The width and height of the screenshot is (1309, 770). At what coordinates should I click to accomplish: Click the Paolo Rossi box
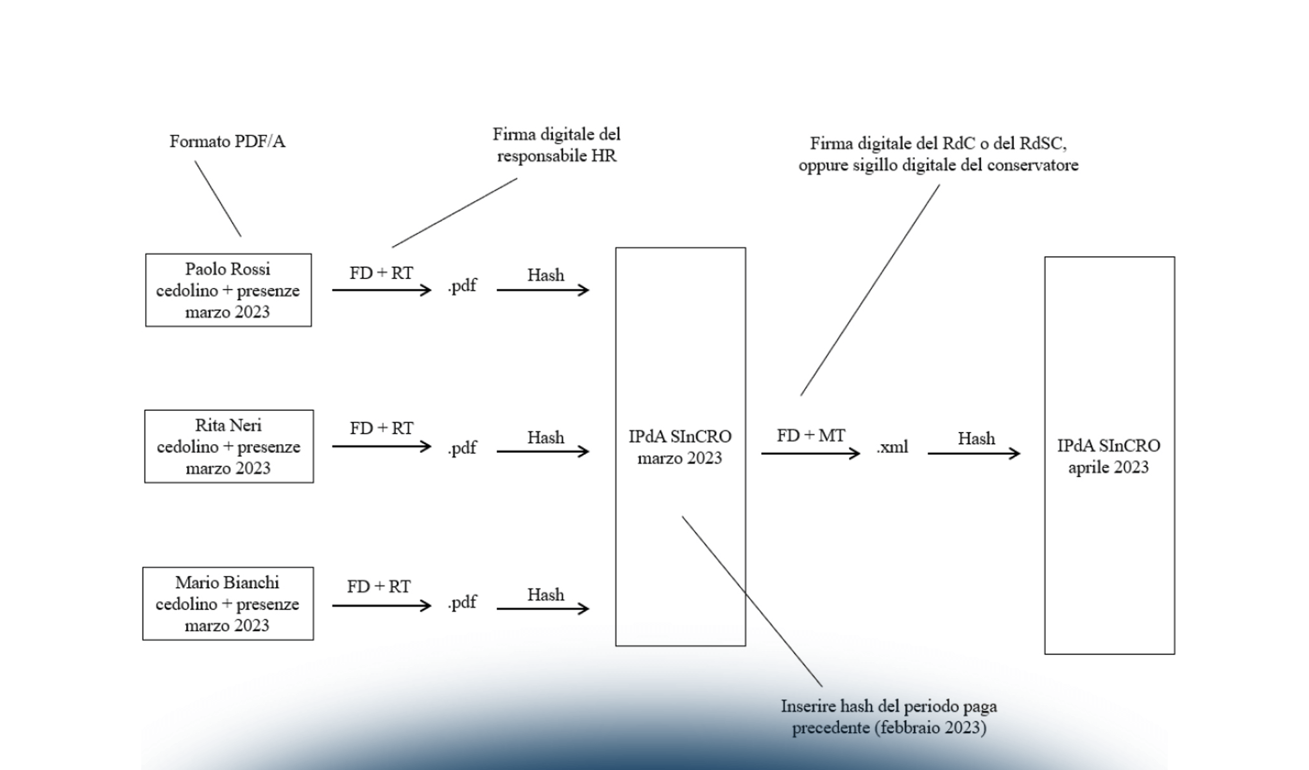click(228, 290)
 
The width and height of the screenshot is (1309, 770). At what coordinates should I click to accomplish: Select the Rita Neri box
click(228, 447)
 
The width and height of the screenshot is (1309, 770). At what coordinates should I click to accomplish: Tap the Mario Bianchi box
click(228, 604)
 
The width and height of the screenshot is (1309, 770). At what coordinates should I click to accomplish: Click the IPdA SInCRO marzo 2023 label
click(680, 447)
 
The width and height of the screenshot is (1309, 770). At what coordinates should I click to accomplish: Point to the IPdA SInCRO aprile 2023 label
click(1109, 456)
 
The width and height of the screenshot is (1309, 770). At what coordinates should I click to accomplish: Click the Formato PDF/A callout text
click(227, 141)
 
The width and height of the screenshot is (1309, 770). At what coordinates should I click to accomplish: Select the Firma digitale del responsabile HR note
click(556, 145)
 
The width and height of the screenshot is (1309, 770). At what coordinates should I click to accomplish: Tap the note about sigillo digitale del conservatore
click(938, 154)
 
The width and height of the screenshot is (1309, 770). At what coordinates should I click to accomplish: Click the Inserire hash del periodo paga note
click(889, 717)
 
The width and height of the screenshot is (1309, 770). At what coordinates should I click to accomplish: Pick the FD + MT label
click(810, 436)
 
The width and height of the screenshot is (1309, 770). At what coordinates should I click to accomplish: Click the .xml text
click(893, 447)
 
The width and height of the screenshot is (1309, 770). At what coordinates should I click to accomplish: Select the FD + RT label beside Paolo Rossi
click(381, 273)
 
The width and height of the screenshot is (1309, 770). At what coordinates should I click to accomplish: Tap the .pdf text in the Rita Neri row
click(462, 447)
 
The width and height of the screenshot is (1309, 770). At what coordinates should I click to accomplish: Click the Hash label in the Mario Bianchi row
click(545, 595)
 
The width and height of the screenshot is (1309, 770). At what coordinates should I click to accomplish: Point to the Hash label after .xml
click(976, 439)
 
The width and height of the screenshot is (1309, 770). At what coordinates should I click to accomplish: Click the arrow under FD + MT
click(810, 454)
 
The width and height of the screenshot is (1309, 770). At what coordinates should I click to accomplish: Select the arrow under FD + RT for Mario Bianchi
click(382, 606)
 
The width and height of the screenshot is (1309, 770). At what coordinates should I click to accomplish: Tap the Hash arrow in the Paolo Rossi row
click(543, 290)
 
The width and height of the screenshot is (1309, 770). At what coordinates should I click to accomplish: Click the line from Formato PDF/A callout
click(218, 199)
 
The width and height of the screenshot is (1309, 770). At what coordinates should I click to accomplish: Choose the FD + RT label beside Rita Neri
click(381, 428)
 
